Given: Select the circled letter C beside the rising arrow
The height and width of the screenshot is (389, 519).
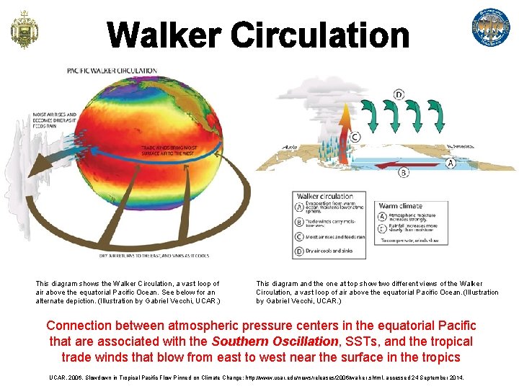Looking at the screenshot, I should tap(355, 137).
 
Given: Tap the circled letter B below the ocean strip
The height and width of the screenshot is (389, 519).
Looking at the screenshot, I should tap(403, 173).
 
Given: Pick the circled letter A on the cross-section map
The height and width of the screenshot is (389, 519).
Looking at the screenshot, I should tap(451, 163).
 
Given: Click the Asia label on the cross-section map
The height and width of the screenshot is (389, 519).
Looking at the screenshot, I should tap(290, 147).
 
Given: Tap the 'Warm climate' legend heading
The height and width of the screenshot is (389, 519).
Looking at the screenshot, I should tap(400, 205).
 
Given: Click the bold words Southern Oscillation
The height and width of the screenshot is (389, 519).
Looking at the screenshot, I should tap(274, 341).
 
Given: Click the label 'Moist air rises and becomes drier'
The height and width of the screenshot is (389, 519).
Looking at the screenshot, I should tap(54, 118).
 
